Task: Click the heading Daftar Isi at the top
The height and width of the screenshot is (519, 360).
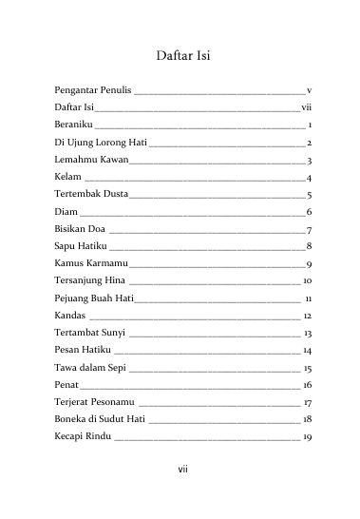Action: point(180,56)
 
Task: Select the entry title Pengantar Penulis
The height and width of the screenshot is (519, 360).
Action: point(93,88)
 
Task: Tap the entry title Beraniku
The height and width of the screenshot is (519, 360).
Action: point(73,124)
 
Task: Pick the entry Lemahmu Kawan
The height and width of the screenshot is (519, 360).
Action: point(87,159)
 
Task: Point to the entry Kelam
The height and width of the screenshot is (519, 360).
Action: point(67,177)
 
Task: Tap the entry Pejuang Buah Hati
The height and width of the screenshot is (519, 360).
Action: point(93,298)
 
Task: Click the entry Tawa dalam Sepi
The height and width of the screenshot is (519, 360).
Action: point(89,367)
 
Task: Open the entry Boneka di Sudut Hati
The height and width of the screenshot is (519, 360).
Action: point(99,419)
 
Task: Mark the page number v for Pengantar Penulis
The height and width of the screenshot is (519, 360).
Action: point(310,89)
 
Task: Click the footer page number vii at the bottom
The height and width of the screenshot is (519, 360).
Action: point(180,470)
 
